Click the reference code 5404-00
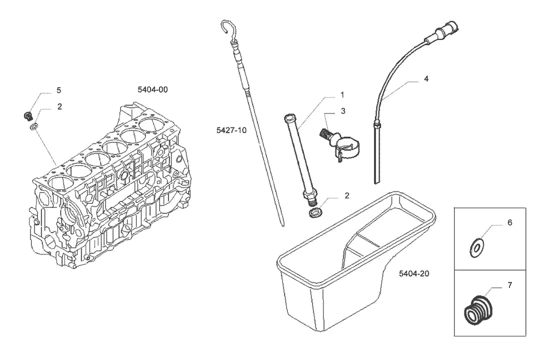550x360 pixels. pos(152,89)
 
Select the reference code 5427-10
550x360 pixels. pos(231,130)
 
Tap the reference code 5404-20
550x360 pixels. pos(414,273)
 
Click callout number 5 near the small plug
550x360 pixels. pos(58,90)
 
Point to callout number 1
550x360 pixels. pos(342,94)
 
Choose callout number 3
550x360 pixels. pos(343,111)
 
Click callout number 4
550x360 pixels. pos(426,78)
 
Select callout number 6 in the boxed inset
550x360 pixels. pos(509,222)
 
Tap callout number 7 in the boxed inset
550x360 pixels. pos(509,285)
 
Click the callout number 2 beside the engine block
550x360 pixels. pos(59,106)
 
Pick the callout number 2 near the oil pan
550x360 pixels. pos(347,195)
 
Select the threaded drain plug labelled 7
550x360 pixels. pos(477,309)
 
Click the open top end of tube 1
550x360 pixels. pos(289,116)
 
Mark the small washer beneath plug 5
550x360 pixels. pos(34,126)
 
